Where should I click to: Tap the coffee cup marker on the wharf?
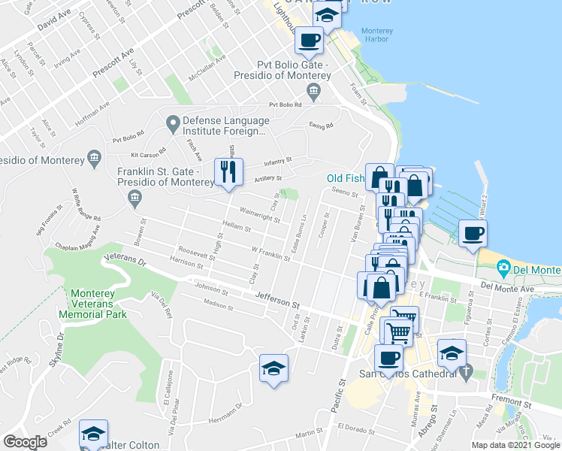point(473,234)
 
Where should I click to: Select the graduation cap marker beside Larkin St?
point(273,368)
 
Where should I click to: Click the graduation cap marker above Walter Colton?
point(93,434)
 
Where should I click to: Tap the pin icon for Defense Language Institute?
point(172,122)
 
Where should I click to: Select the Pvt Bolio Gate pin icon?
point(313,92)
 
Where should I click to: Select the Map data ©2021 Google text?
point(515,445)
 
